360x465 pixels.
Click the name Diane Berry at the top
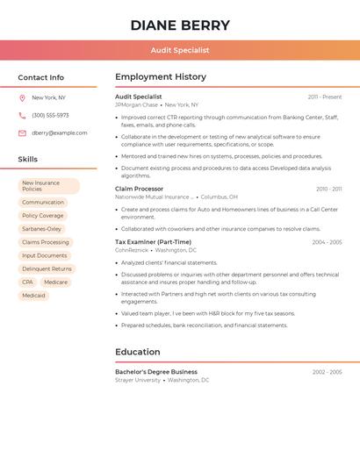click(x=180, y=25)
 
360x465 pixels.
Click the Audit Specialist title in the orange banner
click(x=180, y=51)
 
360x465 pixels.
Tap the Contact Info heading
click(x=40, y=77)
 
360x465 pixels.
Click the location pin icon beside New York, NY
click(x=22, y=98)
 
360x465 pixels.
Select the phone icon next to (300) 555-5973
click(x=22, y=116)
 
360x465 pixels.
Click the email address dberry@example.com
click(x=60, y=133)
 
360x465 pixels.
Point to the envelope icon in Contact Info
click(x=22, y=133)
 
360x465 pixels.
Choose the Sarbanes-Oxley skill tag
click(x=41, y=229)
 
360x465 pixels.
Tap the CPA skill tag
click(x=27, y=282)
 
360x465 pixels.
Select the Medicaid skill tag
click(x=33, y=296)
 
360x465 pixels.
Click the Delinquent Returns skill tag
click(x=47, y=268)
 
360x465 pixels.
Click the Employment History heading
click(x=161, y=77)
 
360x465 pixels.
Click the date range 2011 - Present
click(x=324, y=97)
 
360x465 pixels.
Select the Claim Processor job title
click(x=139, y=189)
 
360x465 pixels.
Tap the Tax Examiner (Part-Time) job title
click(x=153, y=242)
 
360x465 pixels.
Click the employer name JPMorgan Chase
click(x=136, y=105)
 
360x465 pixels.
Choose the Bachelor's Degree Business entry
click(x=156, y=372)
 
